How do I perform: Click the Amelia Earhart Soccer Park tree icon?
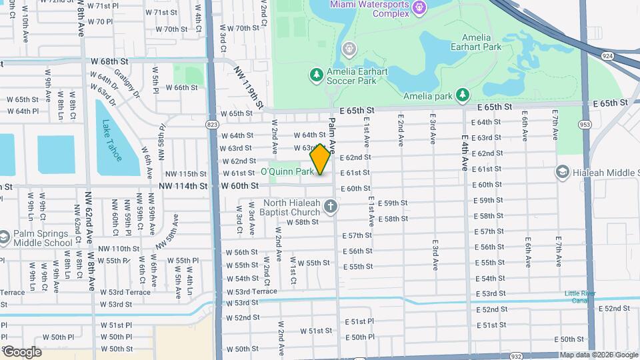coord(317,74)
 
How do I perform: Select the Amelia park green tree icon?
coord(462,96)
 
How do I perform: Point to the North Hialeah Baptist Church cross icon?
coord(330,207)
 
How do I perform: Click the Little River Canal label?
coord(580,297)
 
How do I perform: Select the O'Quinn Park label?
coord(287,172)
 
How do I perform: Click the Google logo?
coord(21,351)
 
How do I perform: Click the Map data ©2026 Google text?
coord(599,355)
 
